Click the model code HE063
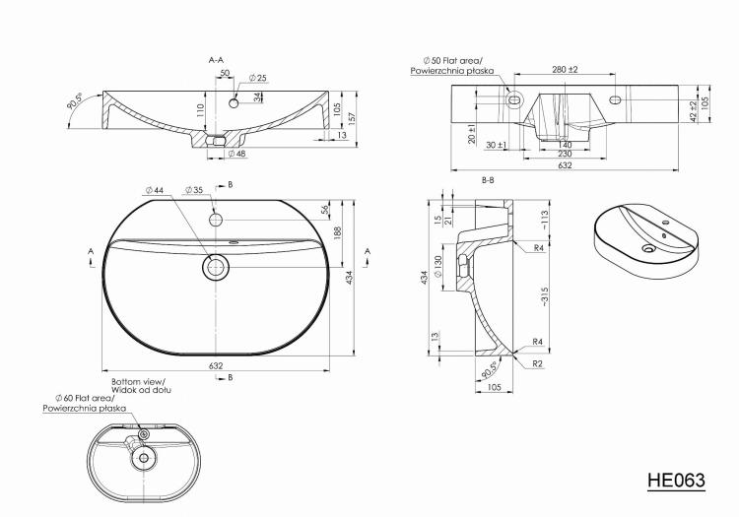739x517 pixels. tap(676, 480)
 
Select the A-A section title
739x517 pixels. tap(216, 60)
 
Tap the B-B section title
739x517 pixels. tap(488, 180)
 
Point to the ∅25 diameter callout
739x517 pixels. tap(258, 77)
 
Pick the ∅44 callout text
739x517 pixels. tap(155, 190)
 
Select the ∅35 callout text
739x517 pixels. tap(194, 190)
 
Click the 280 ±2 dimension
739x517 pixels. tap(566, 69)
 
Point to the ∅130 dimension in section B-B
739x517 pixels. tap(438, 266)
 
